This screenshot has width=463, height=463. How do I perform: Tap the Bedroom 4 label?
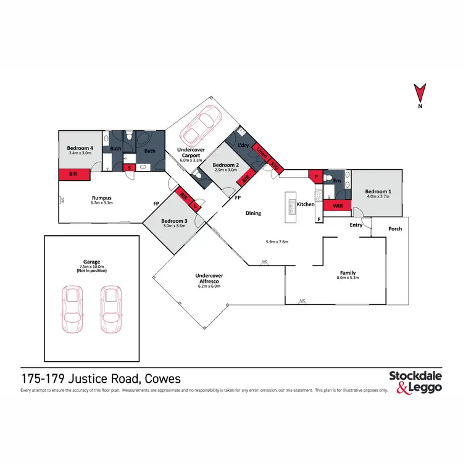(80, 148)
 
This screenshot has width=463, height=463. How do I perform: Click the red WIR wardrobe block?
(337, 205)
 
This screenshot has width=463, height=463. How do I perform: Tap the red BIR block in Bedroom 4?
(74, 175)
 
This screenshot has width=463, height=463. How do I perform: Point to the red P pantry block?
(315, 177)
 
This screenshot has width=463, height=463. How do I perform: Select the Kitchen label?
(306, 204)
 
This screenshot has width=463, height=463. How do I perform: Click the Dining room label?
(253, 214)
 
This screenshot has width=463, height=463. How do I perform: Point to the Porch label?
(395, 229)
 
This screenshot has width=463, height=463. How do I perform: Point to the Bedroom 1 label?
(377, 191)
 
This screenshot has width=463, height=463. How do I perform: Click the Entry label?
(356, 225)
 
